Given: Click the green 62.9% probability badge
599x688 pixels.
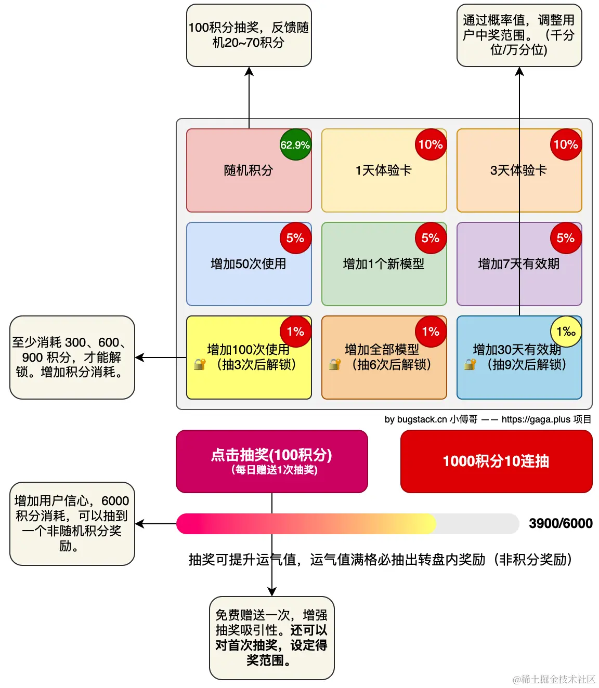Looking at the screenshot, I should click(295, 144).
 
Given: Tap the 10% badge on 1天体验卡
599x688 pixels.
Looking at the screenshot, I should click(431, 144).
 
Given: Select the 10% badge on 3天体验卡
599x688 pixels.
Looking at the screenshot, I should click(566, 144).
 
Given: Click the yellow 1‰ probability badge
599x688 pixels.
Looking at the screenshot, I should click(566, 332).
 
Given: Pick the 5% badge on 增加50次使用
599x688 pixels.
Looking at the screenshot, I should click(295, 238).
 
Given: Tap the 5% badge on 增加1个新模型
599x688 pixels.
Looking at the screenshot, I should click(431, 238).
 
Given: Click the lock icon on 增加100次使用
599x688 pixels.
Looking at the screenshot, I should click(200, 364).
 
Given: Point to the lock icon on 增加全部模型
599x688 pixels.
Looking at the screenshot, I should click(335, 364).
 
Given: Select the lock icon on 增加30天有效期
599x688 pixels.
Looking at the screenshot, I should click(470, 364).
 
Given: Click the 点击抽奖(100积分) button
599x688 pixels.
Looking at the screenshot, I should click(271, 461).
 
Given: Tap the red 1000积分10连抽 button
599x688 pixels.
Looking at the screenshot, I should click(496, 461).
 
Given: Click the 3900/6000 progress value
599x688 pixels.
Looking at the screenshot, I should click(561, 523).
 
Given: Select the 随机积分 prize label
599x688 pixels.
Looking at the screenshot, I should click(248, 170).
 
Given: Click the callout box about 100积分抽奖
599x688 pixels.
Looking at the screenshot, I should click(249, 35).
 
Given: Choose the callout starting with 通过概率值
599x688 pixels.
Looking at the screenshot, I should click(519, 35).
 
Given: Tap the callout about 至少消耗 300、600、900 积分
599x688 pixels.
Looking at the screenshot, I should click(72, 357).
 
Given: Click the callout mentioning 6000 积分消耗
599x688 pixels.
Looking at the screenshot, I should click(72, 523).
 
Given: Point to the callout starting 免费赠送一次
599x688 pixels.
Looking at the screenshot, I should click(271, 638).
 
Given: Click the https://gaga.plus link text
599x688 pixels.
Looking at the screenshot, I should click(536, 419).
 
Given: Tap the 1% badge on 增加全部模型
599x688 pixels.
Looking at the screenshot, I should click(431, 332).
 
